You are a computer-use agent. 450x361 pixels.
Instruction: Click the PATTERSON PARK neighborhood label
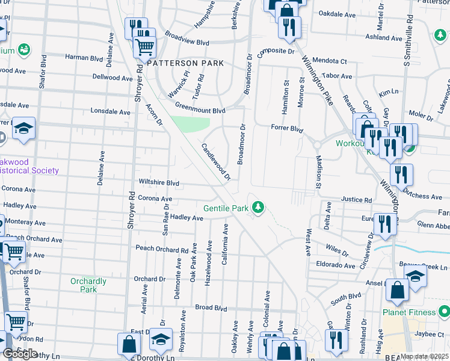(185, 63)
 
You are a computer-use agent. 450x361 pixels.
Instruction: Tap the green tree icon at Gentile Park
(258, 207)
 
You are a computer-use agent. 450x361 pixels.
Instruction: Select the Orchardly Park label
(88, 285)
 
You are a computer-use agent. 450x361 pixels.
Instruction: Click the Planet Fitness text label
(409, 312)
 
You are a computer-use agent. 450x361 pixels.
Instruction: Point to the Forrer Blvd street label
(286, 128)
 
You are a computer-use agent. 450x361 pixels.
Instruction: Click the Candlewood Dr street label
(216, 161)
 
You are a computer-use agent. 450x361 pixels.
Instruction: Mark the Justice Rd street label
(357, 200)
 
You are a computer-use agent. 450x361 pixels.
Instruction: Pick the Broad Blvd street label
(210, 307)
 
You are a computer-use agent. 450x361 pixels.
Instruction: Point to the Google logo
(20, 354)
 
